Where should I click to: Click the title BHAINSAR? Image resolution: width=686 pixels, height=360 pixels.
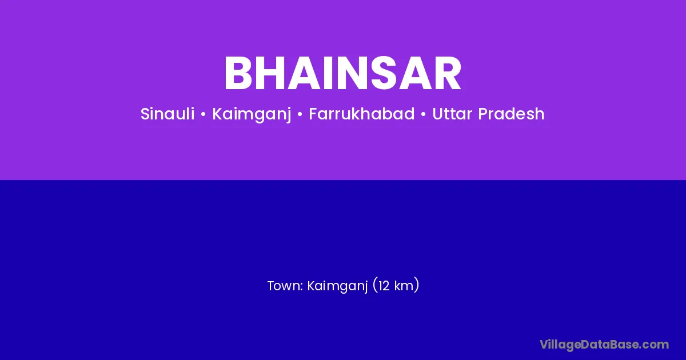point(342,73)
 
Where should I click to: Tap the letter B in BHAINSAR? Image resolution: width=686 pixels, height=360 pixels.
point(238,73)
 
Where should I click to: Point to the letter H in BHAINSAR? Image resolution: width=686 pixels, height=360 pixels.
point(271,73)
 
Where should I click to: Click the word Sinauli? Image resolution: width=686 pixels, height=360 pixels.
point(167,114)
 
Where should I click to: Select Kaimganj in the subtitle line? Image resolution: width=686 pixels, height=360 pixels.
point(252,115)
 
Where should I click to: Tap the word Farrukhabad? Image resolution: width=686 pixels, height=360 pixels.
point(362,114)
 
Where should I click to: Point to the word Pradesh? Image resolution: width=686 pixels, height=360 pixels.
point(511,114)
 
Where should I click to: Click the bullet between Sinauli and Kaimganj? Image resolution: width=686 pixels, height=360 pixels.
point(203,114)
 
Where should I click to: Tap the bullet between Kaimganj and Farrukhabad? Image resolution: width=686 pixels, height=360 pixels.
point(300,114)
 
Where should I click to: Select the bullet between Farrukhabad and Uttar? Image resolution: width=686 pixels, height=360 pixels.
point(424,114)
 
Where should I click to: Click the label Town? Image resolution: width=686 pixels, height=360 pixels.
point(285,286)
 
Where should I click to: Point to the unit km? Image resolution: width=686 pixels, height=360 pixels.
point(404,286)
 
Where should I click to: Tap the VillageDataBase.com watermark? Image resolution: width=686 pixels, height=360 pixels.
point(604,345)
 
